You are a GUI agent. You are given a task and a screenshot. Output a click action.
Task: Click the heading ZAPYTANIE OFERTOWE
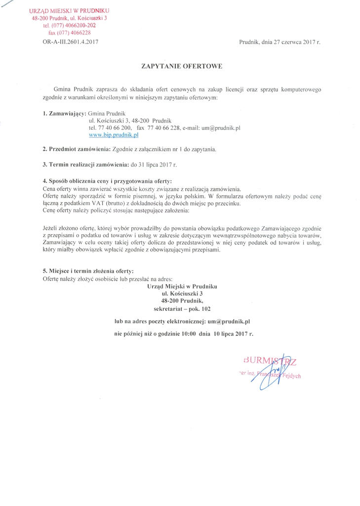pos(182,65)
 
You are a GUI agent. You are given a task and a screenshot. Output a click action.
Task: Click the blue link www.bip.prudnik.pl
pos(113,134)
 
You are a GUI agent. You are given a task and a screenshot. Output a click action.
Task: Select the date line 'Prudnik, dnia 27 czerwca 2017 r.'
pos(280,42)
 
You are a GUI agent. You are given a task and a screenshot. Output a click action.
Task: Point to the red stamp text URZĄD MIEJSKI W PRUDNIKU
pos(69,11)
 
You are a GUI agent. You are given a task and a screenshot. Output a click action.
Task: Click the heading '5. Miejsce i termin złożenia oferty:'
pos(88,271)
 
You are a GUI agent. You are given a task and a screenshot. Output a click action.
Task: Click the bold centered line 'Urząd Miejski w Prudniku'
pos(182,286)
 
